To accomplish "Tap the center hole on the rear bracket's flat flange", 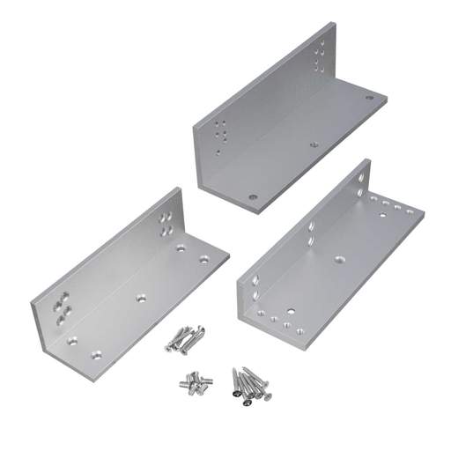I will coord(314,141).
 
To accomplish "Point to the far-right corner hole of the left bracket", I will coord(204,259).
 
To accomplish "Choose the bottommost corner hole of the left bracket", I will coord(97,355).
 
